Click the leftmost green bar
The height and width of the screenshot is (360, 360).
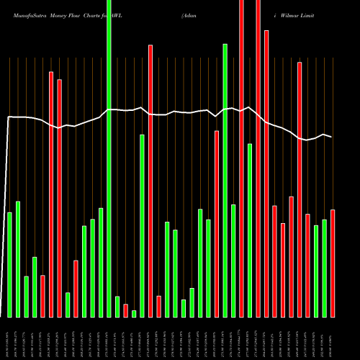pos(9,264)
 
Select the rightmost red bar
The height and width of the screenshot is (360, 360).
pos(333,263)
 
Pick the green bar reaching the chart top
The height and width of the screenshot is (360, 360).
pos(109,158)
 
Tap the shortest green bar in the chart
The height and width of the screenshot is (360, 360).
pos(134,313)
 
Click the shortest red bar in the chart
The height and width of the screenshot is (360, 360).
pos(125,310)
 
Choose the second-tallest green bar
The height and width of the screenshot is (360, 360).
pos(225,180)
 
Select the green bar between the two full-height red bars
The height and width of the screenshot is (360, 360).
pos(250,230)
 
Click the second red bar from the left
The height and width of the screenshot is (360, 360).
pos(50,194)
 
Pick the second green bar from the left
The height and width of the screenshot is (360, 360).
pos(18,259)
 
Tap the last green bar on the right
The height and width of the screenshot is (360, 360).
pos(325,268)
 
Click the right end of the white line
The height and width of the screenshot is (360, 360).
pos(331,137)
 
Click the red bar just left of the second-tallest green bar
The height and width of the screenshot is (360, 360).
pos(217,224)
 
